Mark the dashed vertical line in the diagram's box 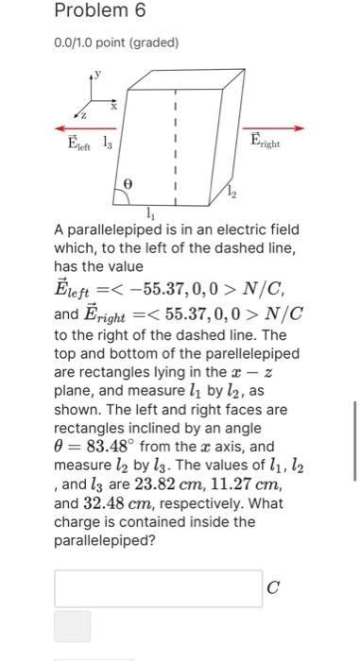(174, 142)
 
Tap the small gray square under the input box (73, 626)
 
